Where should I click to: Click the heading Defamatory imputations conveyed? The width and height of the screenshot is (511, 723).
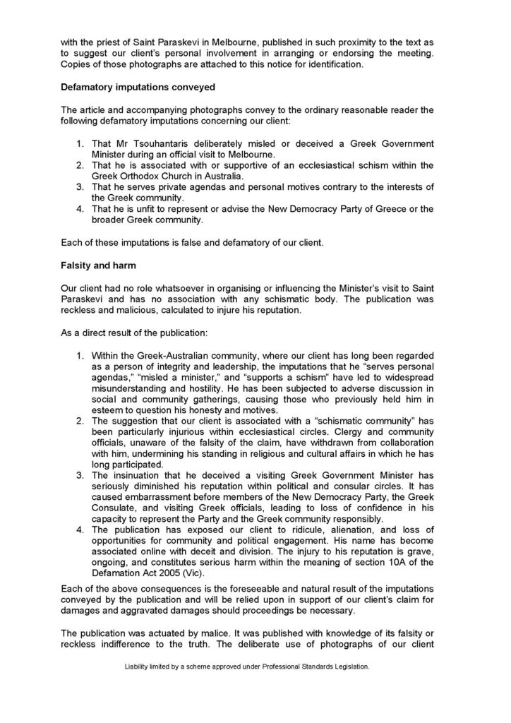click(133, 88)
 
